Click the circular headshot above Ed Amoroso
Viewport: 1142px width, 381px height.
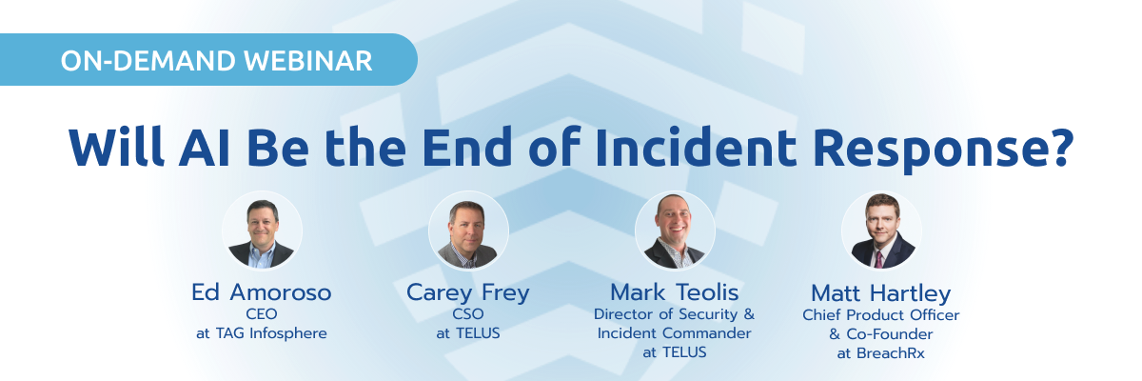[x=262, y=231]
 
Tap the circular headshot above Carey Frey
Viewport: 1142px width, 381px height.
[x=468, y=231]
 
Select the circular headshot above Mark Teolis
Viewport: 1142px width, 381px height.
[x=675, y=231]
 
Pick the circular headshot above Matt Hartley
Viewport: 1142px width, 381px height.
[x=881, y=231]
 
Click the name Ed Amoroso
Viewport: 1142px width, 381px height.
[x=262, y=292]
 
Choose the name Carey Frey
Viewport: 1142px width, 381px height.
[x=467, y=292]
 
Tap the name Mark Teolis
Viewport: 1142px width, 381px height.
[x=675, y=292]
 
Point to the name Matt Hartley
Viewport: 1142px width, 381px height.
[x=881, y=292]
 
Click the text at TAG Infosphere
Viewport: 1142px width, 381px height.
[x=262, y=332]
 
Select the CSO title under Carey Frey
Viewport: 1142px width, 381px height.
[x=467, y=313]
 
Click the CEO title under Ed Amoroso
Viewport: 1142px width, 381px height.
[x=262, y=313]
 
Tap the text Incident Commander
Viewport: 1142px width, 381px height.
[x=675, y=332]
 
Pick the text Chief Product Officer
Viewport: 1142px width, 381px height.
[x=881, y=314]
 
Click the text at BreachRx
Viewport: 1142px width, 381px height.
[x=881, y=352]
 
